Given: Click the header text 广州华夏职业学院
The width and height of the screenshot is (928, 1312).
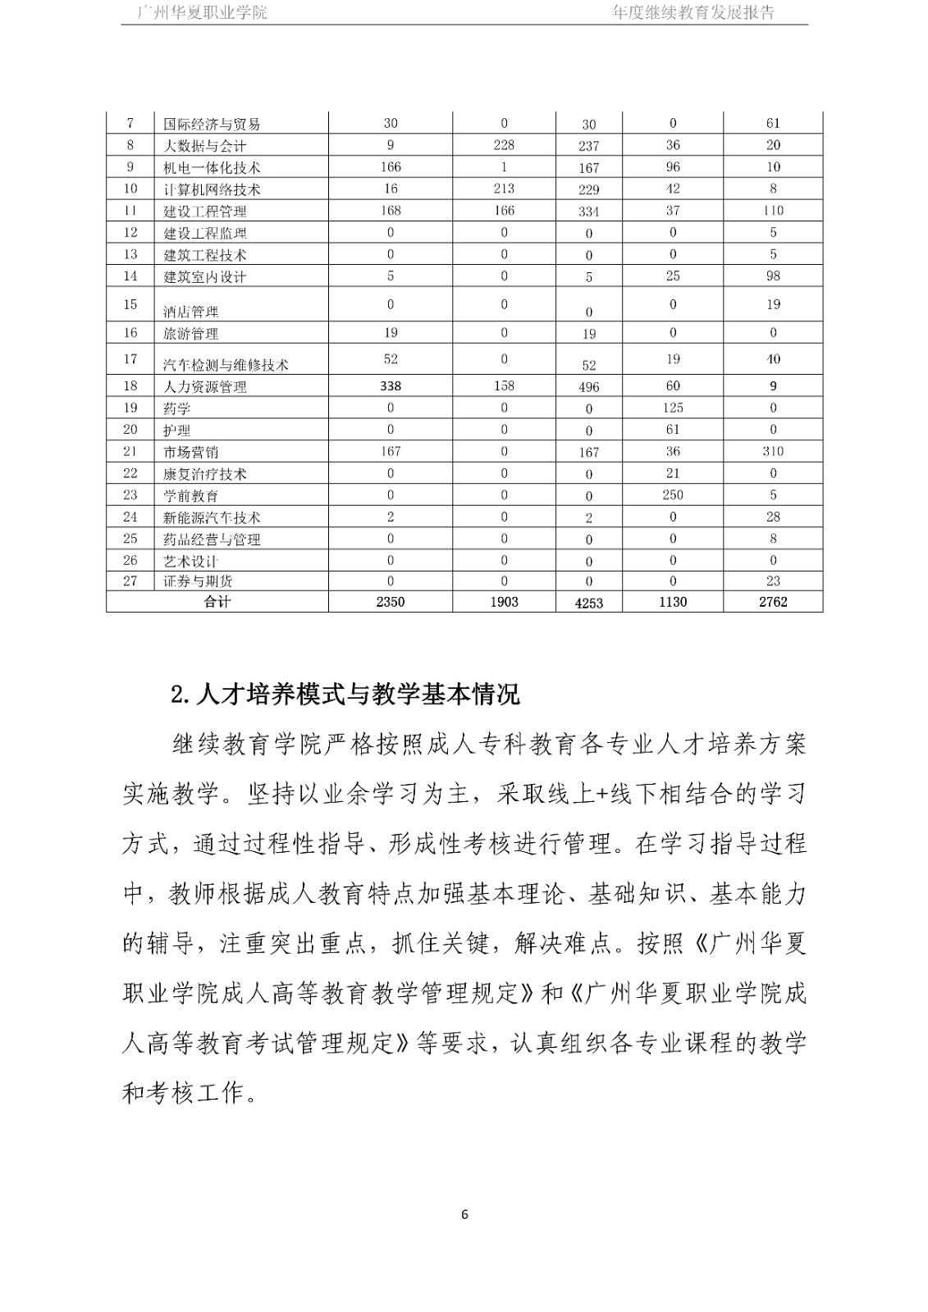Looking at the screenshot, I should click(x=203, y=12).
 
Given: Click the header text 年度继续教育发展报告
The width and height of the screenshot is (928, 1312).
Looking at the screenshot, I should click(x=693, y=12).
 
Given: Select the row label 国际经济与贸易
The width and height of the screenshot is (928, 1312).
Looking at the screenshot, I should click(x=212, y=125).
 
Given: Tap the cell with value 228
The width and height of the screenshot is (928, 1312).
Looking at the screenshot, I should click(x=504, y=145).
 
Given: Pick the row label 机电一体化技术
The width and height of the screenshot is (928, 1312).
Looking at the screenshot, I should click(x=212, y=167).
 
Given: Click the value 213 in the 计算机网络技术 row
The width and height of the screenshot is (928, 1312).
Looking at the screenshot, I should click(x=504, y=189).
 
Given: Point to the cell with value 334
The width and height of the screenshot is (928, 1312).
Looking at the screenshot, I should click(x=588, y=212).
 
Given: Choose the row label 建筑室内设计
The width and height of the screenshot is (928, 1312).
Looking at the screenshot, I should click(x=205, y=277).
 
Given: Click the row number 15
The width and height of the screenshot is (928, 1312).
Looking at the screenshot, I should click(x=130, y=304).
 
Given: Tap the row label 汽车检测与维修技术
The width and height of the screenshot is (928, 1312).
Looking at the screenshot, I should click(x=226, y=365).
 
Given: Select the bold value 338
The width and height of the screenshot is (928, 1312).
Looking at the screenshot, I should click(x=391, y=386).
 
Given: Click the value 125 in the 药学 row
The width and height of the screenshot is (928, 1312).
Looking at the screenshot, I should click(x=673, y=408).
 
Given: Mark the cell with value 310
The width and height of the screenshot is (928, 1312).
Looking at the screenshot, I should click(x=773, y=451).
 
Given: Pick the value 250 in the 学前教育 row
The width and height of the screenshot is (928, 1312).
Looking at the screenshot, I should click(x=673, y=494).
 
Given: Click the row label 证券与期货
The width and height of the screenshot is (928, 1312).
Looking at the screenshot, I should click(x=198, y=581).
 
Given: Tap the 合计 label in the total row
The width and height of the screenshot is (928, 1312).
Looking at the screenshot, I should click(x=217, y=602).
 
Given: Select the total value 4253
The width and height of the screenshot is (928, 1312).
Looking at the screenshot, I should click(x=588, y=603).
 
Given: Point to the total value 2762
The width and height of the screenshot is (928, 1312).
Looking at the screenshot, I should click(x=773, y=602).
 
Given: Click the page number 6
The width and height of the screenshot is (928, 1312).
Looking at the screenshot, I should click(x=464, y=1214).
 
